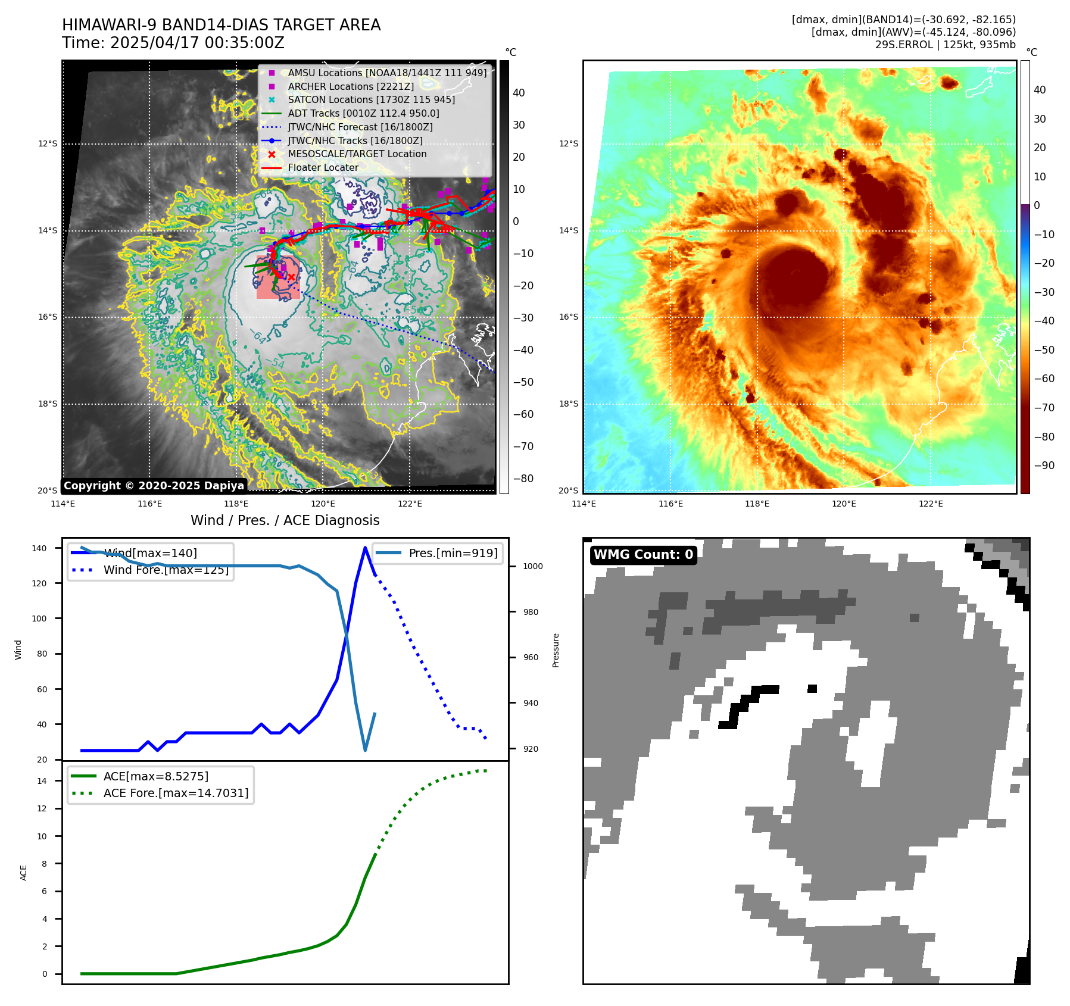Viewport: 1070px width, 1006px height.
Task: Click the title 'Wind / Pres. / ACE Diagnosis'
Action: coord(285,520)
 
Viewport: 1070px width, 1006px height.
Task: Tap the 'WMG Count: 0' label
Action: coord(643,555)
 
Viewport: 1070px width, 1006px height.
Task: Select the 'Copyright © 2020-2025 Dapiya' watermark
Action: coord(154,486)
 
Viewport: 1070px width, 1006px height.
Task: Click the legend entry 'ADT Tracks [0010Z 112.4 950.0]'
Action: coord(363,113)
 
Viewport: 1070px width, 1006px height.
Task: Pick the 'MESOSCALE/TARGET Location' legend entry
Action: coord(357,154)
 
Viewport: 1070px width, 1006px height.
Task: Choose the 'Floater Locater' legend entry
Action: coord(323,167)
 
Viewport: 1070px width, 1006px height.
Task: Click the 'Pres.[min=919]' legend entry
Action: coord(453,553)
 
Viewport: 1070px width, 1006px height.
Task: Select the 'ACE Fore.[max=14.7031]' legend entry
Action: coord(176,793)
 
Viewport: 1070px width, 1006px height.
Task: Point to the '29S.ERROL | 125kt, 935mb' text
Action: coord(945,45)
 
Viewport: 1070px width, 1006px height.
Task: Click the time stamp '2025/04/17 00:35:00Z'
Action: coord(197,43)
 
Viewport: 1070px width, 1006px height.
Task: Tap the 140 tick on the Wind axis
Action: coord(39,548)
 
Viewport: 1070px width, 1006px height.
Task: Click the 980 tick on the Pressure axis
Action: coord(532,612)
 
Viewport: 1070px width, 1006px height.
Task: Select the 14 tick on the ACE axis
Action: coord(42,781)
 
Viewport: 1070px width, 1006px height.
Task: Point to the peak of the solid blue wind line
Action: coord(365,548)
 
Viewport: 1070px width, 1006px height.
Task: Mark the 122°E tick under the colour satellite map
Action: coord(931,504)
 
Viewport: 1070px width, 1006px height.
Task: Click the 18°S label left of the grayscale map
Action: coord(48,404)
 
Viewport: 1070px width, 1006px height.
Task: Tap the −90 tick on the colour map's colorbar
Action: coord(1044,465)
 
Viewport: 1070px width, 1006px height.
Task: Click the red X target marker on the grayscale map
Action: coord(291,277)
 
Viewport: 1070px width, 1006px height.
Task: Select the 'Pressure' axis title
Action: coord(556,650)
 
